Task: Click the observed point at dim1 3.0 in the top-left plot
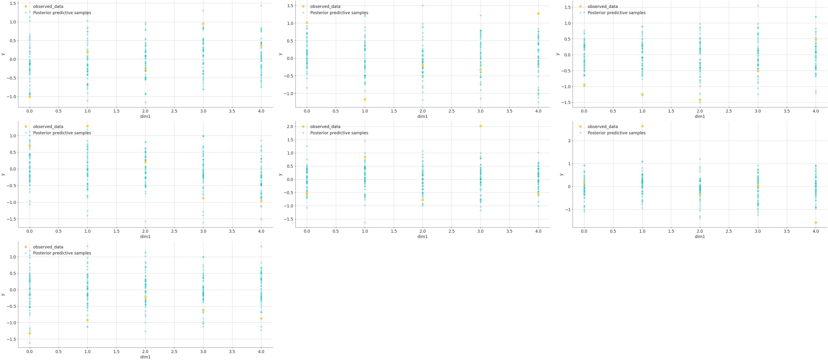point(203,24)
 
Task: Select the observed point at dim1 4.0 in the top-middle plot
point(538,13)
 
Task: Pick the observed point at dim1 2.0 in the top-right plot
point(700,100)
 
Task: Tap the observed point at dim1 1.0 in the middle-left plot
point(87,126)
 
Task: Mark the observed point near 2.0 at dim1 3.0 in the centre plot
point(481,126)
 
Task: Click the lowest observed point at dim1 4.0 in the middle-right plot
point(816,222)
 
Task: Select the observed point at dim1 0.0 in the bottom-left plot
point(30,333)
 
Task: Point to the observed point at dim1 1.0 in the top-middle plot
point(365,99)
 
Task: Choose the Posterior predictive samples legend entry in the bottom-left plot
point(62,253)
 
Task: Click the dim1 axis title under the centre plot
point(422,237)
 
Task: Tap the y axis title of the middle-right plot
point(562,174)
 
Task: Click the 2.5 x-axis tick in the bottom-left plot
point(174,352)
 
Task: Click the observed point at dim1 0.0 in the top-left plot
point(30,96)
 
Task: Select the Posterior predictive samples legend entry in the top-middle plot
point(339,13)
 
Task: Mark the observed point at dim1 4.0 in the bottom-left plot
point(261,318)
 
